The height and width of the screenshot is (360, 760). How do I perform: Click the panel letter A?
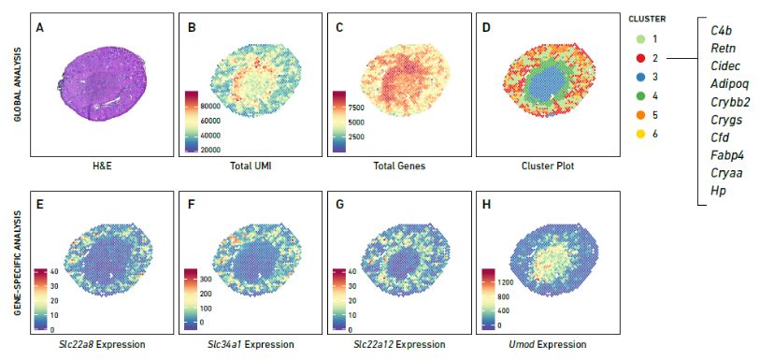(x=38, y=26)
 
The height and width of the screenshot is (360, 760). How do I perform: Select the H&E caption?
(x=103, y=166)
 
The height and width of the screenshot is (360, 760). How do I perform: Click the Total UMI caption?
(x=251, y=166)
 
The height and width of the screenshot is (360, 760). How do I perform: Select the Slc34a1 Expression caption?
(x=251, y=344)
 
